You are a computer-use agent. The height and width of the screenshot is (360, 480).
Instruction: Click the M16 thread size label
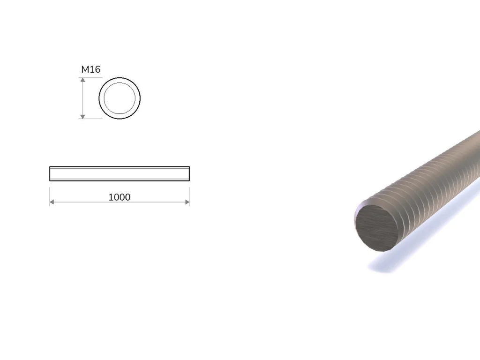[90, 69]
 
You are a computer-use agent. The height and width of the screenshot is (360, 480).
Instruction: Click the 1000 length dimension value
[120, 197]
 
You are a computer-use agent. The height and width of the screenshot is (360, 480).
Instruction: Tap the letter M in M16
[85, 69]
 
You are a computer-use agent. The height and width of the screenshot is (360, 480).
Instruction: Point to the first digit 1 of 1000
[111, 197]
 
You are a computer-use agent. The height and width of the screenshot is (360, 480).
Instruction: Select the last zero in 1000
[127, 197]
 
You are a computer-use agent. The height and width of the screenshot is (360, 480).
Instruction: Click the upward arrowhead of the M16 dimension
[82, 80]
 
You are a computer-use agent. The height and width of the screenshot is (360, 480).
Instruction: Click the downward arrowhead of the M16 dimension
[82, 116]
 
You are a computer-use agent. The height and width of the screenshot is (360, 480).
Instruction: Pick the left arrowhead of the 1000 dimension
[52, 202]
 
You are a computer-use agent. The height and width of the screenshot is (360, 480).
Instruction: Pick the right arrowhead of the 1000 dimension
[187, 202]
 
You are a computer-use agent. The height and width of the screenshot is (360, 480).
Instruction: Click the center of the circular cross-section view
[120, 98]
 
